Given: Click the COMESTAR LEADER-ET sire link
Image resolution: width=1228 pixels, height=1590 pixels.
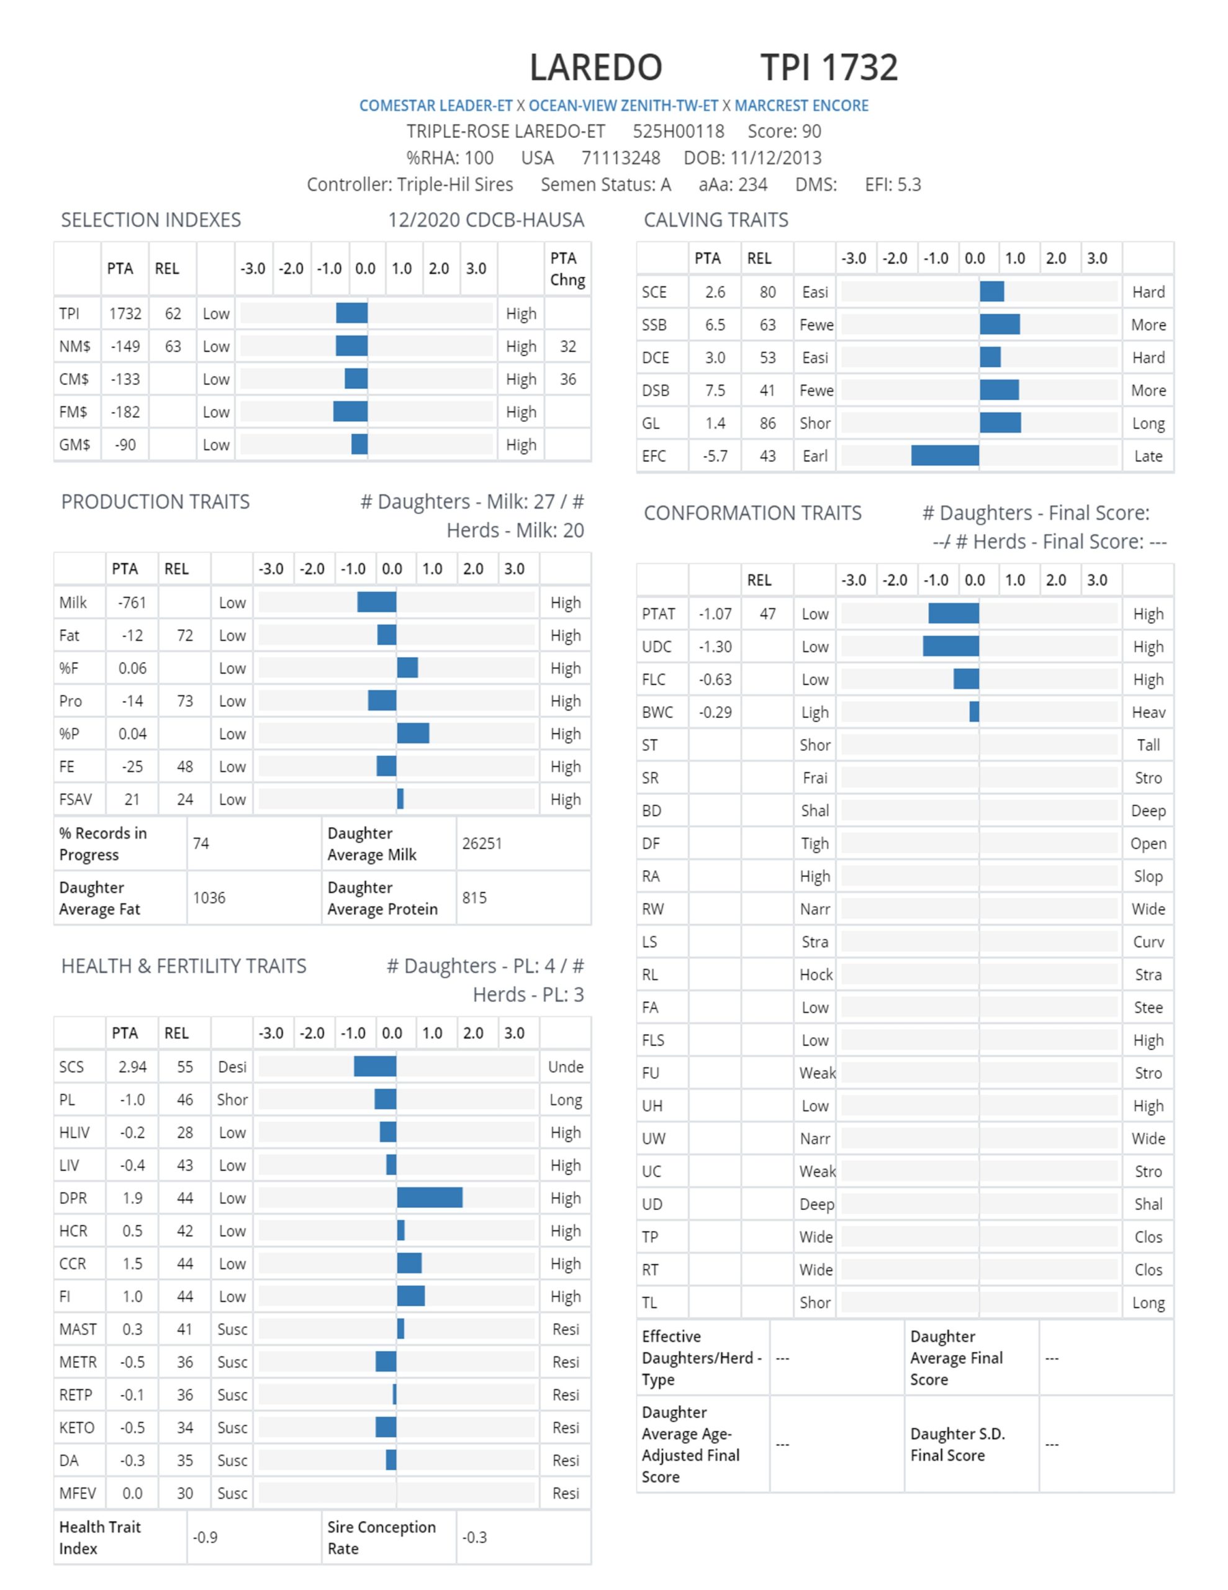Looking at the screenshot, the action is tap(436, 106).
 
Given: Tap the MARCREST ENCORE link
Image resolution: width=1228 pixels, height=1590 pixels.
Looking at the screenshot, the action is tap(801, 106).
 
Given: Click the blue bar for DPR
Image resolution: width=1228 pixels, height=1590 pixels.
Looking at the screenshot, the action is tap(430, 1197).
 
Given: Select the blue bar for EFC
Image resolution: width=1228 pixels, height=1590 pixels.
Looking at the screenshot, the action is tap(945, 456).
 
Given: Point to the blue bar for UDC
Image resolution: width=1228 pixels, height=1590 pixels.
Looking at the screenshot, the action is tap(950, 647).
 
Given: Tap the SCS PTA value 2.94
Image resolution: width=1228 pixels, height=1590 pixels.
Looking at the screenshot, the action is tap(132, 1066).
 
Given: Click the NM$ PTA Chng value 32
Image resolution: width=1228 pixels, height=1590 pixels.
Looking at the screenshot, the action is tap(568, 347).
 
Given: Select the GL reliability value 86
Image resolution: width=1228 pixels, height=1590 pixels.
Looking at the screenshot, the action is tap(767, 423).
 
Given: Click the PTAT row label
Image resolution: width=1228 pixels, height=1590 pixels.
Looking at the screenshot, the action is tap(659, 614).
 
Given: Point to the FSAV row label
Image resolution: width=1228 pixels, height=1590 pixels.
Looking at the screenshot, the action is tap(76, 799).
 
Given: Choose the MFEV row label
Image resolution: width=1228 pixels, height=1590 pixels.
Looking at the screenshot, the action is tap(77, 1493).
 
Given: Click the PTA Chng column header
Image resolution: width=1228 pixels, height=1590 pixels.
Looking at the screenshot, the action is tap(568, 269).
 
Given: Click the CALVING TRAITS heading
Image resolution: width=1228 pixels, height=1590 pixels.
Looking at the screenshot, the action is tap(716, 220).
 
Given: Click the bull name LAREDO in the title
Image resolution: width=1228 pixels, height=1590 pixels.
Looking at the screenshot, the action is tap(595, 67).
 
